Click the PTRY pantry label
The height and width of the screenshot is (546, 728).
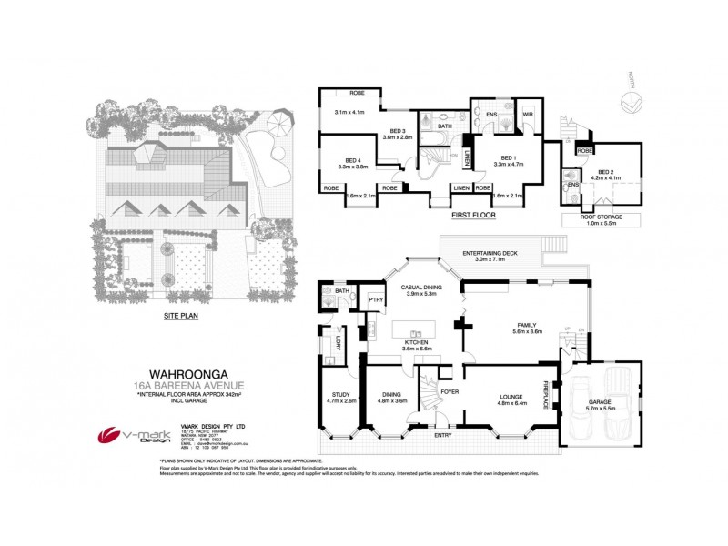point(374,298)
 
